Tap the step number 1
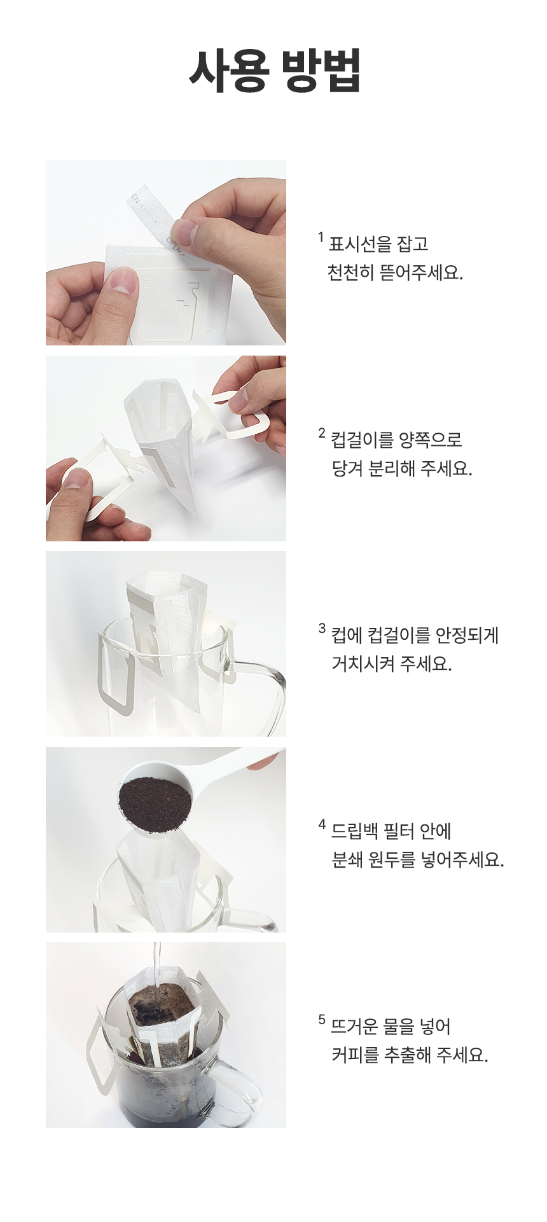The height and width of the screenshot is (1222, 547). (321, 237)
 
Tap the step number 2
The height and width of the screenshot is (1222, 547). (322, 433)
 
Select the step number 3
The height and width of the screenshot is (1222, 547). (322, 628)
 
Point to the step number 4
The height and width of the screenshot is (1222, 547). (322, 824)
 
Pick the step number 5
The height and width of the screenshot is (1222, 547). (322, 1020)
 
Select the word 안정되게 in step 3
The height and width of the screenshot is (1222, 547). (467, 635)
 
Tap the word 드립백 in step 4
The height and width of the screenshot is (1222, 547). (353, 831)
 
